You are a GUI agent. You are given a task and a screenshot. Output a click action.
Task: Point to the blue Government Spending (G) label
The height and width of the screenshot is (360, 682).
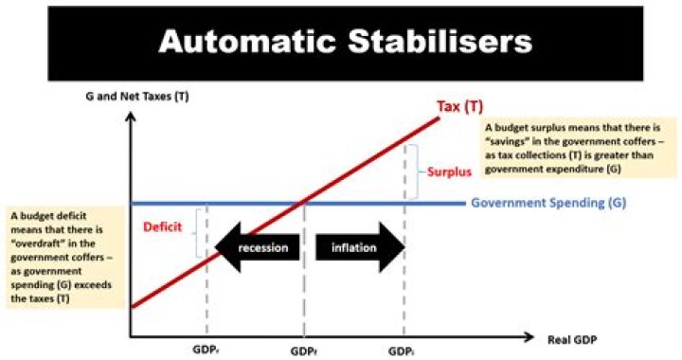[547, 203]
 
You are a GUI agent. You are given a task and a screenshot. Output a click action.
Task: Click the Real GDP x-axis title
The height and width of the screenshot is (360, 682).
[573, 338]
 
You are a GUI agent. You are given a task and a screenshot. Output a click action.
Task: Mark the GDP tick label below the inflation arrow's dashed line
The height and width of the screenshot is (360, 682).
[405, 349]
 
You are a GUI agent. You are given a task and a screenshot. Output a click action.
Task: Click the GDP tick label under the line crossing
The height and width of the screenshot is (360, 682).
[303, 349]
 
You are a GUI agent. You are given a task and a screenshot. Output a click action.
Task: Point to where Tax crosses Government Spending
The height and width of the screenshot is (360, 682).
[303, 203]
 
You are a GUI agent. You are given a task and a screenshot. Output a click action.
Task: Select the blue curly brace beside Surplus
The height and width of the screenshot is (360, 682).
[413, 171]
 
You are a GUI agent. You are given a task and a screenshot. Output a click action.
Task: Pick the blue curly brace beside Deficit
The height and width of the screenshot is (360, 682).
[197, 231]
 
